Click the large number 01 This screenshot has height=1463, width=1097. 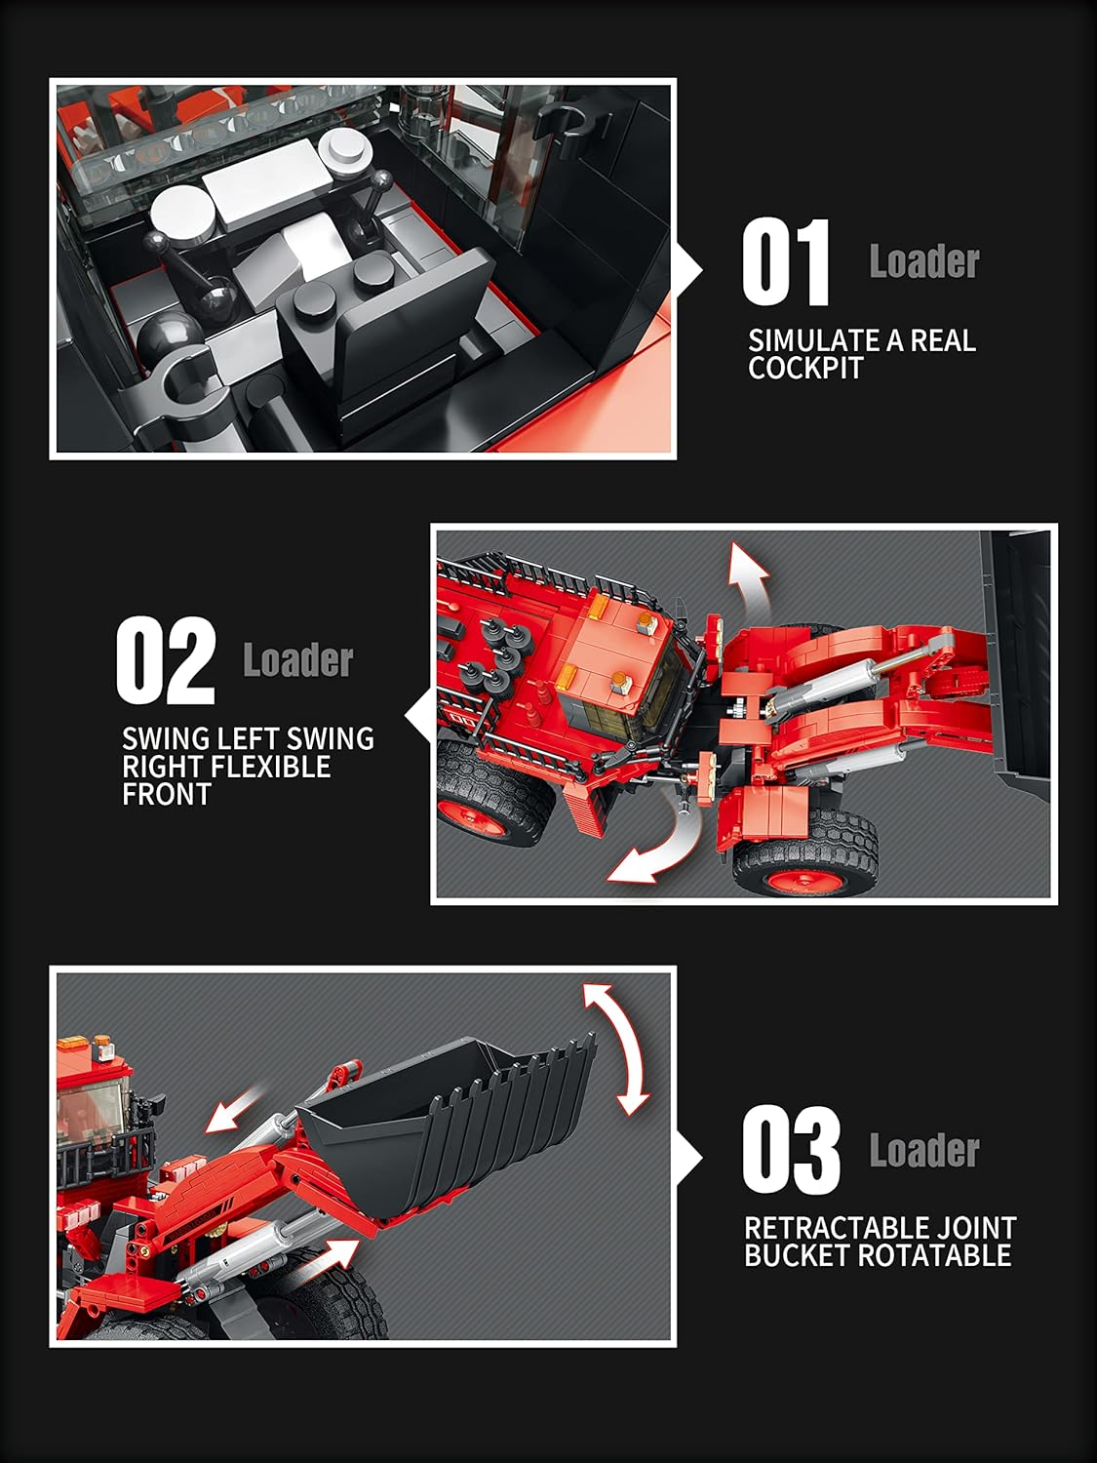(x=786, y=262)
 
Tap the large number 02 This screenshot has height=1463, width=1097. (x=165, y=660)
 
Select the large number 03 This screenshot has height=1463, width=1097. (x=791, y=1149)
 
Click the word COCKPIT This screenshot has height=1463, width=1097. (x=805, y=368)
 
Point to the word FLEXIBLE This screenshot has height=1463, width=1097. (x=270, y=767)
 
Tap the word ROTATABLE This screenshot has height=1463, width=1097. (x=934, y=1255)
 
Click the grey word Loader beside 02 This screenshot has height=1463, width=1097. (x=297, y=661)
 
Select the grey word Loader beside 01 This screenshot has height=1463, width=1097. (x=924, y=261)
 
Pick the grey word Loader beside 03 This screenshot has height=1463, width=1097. (x=924, y=1150)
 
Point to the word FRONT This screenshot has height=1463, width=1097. (x=167, y=795)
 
